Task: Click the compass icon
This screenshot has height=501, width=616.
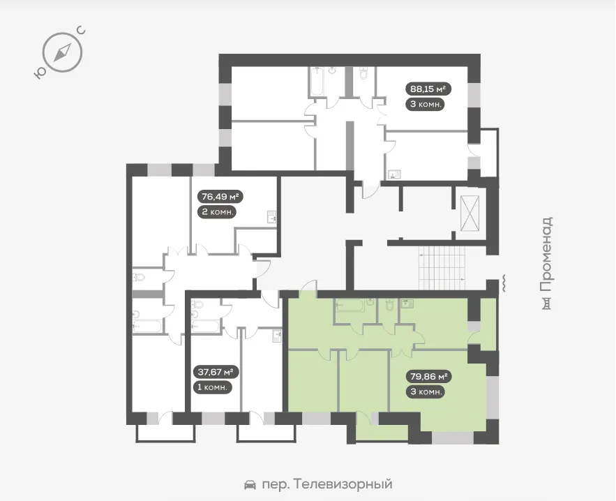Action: coord(62,52)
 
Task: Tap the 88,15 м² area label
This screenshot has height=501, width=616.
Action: coord(428,89)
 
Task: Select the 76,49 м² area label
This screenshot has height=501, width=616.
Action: coord(220,196)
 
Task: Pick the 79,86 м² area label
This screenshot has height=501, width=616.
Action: coord(428,376)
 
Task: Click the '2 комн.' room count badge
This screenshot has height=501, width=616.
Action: coord(218,212)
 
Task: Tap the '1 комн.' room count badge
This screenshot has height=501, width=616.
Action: coord(212,387)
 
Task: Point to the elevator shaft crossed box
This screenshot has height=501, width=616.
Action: coord(470,213)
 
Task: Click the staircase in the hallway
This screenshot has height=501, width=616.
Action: coord(442,268)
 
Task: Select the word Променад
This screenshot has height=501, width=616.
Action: coord(546,254)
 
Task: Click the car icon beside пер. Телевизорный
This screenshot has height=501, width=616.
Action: coord(250,484)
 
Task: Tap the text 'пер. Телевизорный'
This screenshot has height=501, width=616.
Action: coord(327,484)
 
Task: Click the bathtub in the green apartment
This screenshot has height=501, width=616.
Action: coord(350,306)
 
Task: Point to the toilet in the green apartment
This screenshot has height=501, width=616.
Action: coord(390,304)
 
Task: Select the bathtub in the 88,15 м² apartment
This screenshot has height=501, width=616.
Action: coord(316,82)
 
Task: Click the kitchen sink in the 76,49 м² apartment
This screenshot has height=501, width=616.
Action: coord(272,217)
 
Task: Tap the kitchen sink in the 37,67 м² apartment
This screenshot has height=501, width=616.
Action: coord(278,336)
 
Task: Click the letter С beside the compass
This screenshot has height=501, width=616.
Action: coord(82,30)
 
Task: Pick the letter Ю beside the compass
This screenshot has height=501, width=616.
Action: coord(39,73)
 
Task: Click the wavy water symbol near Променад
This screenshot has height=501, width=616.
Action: coord(503,283)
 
